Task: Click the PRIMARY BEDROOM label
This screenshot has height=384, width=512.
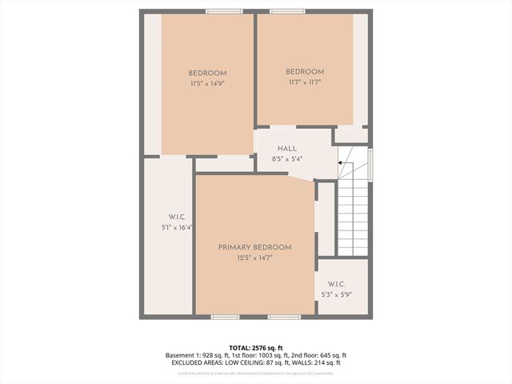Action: (254, 247)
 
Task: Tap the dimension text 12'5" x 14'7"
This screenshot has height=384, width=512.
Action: (254, 258)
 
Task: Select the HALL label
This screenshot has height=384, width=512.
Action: (287, 149)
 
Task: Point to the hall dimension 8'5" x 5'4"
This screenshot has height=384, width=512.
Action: (287, 158)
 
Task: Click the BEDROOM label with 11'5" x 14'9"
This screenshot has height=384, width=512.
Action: (207, 71)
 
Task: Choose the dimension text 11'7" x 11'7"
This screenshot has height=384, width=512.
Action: (305, 82)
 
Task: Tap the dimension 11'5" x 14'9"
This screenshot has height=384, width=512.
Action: (207, 82)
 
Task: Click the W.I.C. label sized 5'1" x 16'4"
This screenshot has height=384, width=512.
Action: (177, 217)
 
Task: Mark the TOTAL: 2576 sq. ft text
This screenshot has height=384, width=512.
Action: (255, 346)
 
